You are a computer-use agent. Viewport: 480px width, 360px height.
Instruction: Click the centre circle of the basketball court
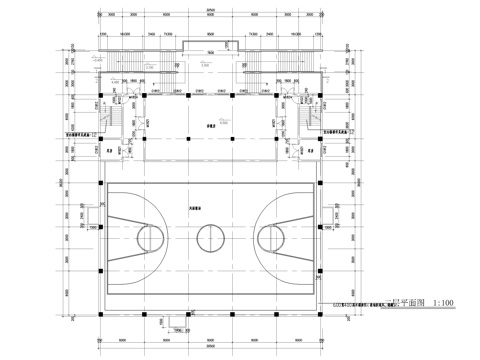pos(210,238)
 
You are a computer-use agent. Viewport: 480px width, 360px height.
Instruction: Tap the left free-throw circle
pos(150,238)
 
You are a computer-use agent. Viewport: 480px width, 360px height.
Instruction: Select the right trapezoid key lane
pos(292,238)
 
